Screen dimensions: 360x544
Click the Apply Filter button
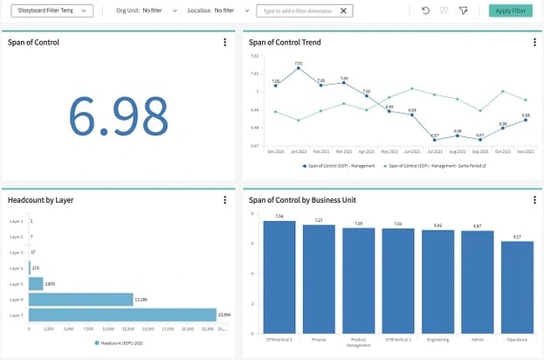pyautogui.click(x=510, y=10)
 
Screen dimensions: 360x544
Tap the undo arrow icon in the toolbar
pyautogui.click(x=425, y=10)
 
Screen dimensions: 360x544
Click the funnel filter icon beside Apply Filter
pyautogui.click(x=464, y=10)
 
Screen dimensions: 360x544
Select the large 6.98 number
pyautogui.click(x=118, y=115)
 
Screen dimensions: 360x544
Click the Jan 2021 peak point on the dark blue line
pyautogui.click(x=299, y=68)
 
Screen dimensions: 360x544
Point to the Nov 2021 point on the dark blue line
pyautogui.click(x=526, y=120)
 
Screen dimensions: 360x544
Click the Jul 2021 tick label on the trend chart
pyautogui.click(x=434, y=151)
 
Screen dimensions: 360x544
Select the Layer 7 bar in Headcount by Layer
pyautogui.click(x=122, y=315)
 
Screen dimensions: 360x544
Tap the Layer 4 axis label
pyautogui.click(x=17, y=267)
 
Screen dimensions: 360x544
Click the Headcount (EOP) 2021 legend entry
pyautogui.click(x=119, y=343)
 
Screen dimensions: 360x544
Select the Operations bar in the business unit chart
pyautogui.click(x=517, y=286)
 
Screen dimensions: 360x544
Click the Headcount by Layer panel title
pyautogui.click(x=40, y=200)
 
